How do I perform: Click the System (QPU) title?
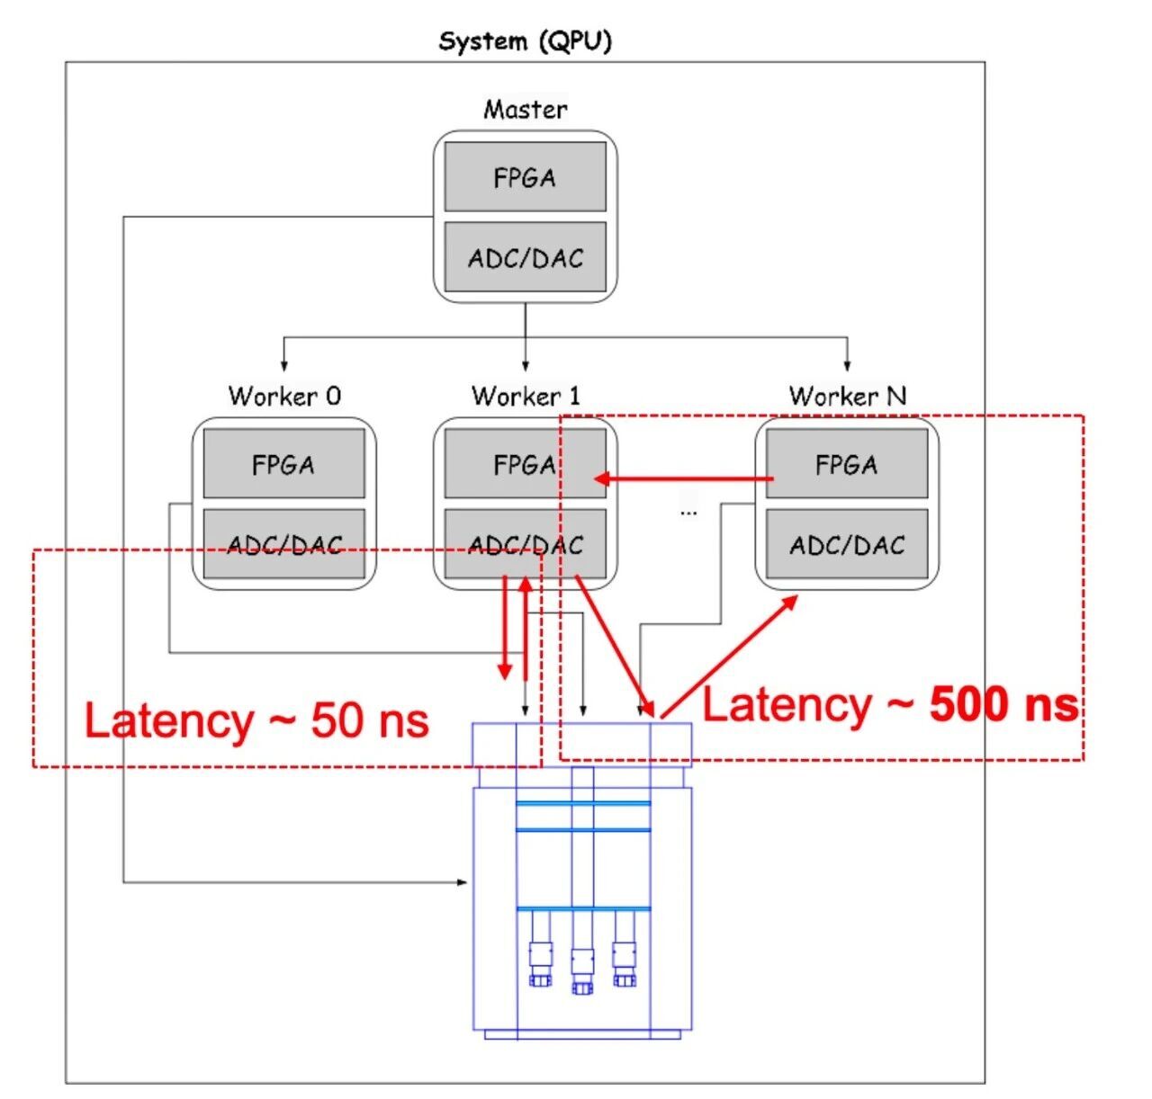coord(525,41)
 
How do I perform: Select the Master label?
coord(525,110)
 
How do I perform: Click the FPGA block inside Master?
coord(525,177)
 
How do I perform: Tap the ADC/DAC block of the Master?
coord(525,258)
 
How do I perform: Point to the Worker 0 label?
coord(284,396)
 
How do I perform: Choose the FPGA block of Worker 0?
coord(283,464)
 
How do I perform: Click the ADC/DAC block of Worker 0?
coord(283,544)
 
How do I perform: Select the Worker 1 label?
coord(526,396)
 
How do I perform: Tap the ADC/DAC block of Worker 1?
coord(525,544)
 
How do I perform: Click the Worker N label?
coord(847,396)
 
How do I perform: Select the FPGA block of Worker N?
coord(846,464)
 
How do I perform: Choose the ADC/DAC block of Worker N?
coord(846,544)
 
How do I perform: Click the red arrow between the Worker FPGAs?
coord(684,479)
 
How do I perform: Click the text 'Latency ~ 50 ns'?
coord(256,721)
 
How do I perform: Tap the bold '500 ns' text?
coord(1003,704)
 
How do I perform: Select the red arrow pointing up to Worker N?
coord(729,657)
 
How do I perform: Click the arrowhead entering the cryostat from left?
coord(463,882)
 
